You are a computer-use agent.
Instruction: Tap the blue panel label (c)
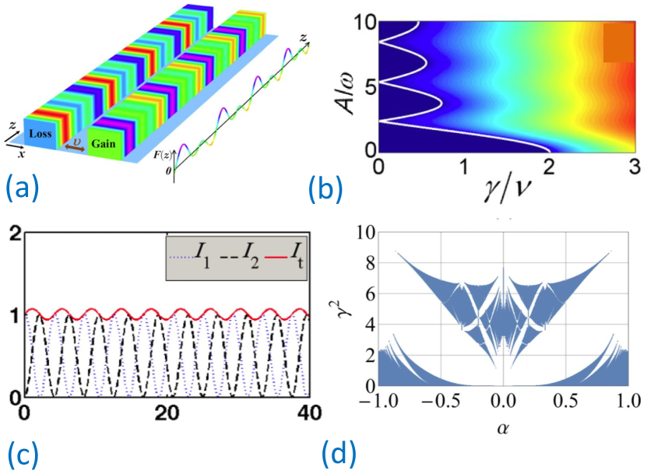(23, 452)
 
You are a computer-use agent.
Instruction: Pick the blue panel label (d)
(340, 452)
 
